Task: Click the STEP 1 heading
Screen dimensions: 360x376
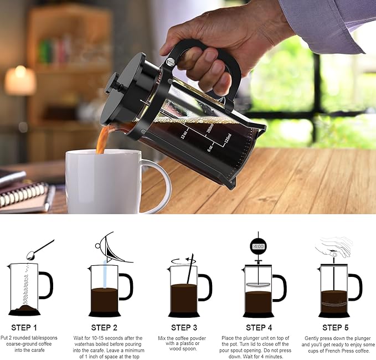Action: [x=24, y=327]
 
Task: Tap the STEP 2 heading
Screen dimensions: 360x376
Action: [x=104, y=327]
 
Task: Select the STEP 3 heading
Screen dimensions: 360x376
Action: [x=184, y=327]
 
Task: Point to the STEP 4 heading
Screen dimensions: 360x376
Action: [x=259, y=327]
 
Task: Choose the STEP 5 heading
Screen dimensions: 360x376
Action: [x=336, y=327]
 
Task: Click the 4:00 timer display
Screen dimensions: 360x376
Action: [x=258, y=245]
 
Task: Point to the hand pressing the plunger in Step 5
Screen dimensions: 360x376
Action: [x=335, y=246]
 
